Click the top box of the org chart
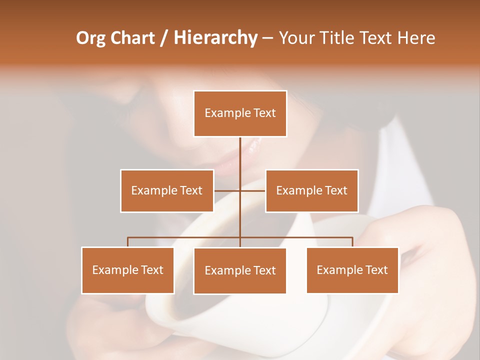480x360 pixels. [240, 113]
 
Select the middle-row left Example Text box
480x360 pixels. [167, 190]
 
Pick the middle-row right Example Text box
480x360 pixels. [311, 190]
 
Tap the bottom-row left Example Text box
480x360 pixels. [127, 270]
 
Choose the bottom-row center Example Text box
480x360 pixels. [240, 270]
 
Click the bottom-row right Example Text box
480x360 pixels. [352, 270]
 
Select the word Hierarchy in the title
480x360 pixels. [215, 38]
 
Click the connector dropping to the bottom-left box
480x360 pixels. [128, 242]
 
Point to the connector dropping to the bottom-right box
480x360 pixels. [352, 242]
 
